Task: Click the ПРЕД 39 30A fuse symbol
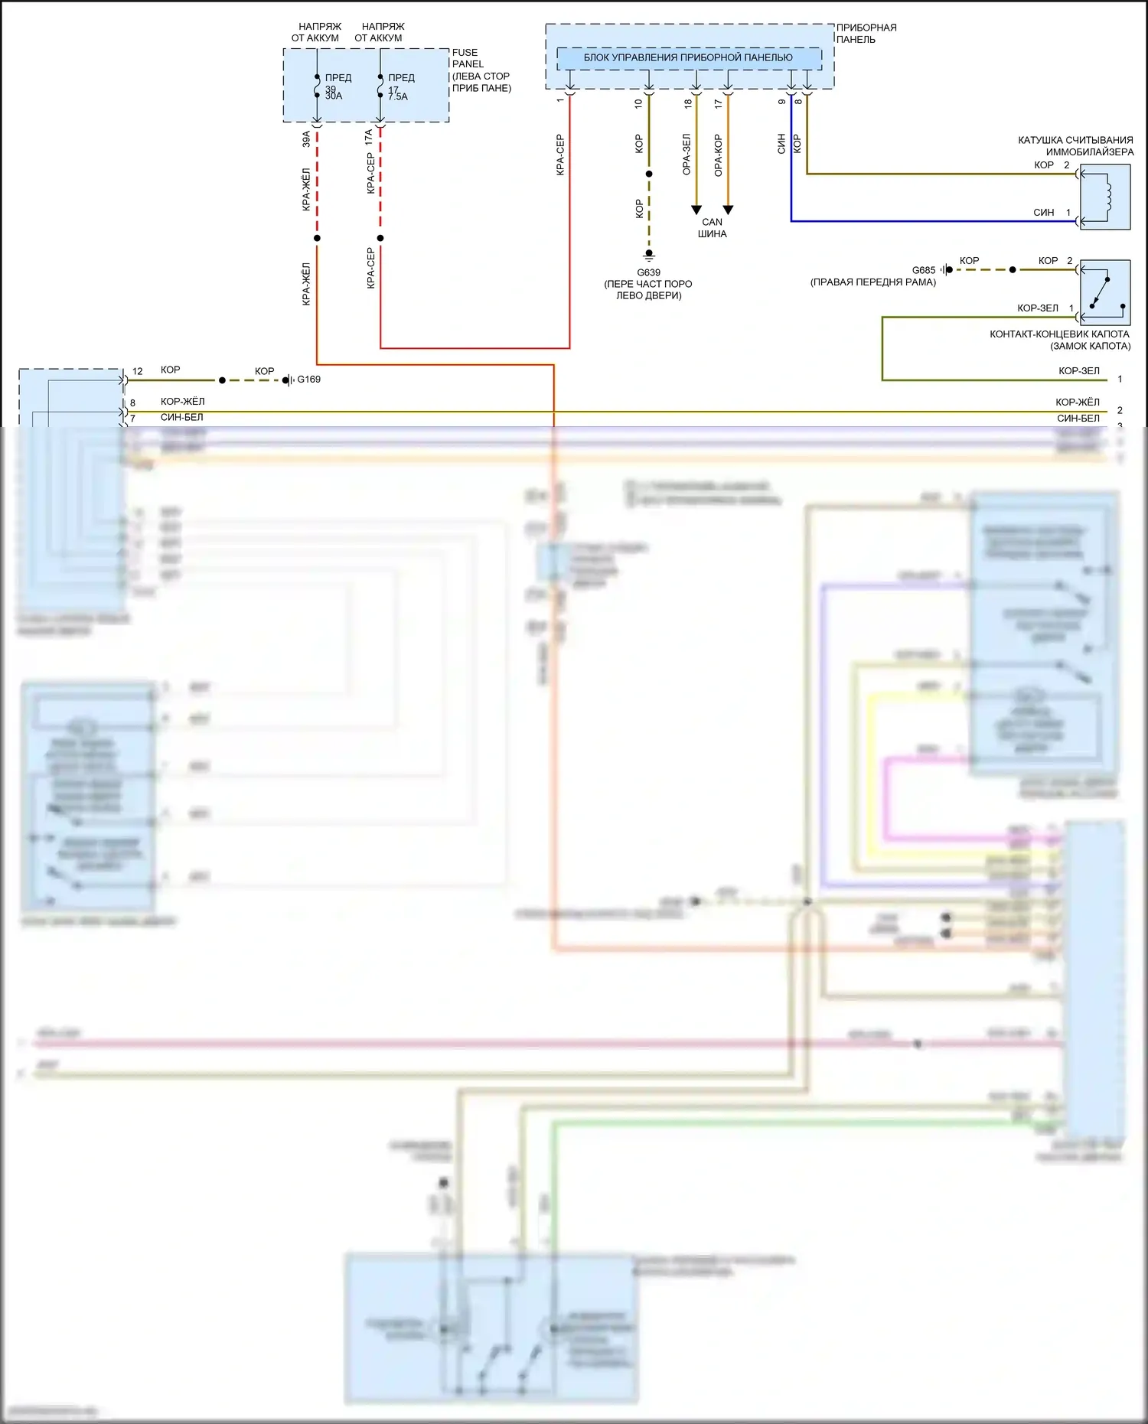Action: click(x=317, y=86)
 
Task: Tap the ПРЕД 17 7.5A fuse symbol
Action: click(x=380, y=86)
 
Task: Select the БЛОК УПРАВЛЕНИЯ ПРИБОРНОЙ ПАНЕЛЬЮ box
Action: click(x=689, y=57)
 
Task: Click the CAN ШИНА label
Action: click(x=712, y=228)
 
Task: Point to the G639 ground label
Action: click(x=648, y=272)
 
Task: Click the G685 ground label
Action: click(x=924, y=270)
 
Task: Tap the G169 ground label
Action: click(x=308, y=380)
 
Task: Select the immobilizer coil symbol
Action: click(x=1105, y=197)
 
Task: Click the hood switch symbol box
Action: click(x=1105, y=292)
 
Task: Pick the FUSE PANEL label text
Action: click(x=467, y=58)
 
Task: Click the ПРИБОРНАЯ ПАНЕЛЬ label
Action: click(x=866, y=33)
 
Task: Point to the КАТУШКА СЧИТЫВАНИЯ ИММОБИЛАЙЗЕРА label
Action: click(x=1075, y=145)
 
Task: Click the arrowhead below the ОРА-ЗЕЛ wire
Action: click(x=696, y=210)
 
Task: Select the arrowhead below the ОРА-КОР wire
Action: click(x=729, y=210)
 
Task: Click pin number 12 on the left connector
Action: click(x=138, y=371)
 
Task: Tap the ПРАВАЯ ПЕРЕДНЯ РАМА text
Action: click(x=872, y=282)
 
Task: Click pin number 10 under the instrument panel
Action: click(x=638, y=103)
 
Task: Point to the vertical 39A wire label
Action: click(x=306, y=139)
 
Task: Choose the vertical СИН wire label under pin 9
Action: click(x=781, y=143)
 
